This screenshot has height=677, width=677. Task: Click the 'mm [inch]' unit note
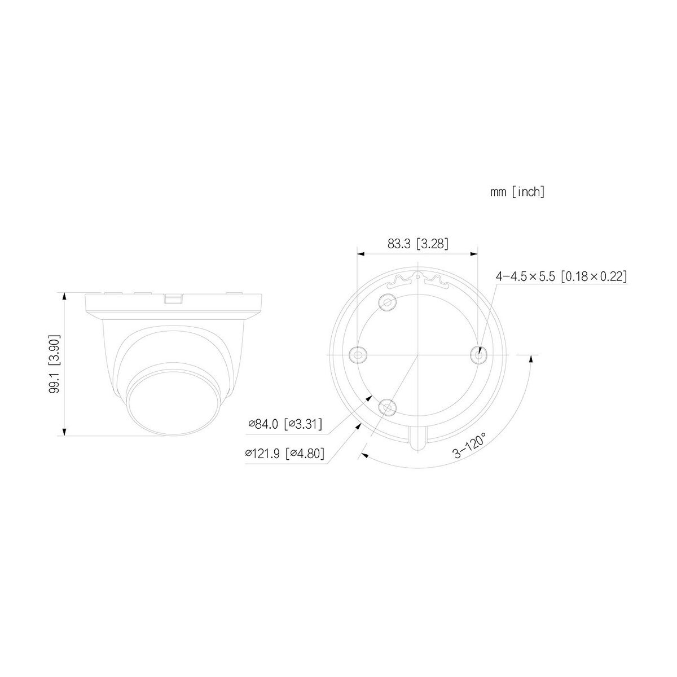point(517,192)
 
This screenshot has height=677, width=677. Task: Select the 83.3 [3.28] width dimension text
point(418,243)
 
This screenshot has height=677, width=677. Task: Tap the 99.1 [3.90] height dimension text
point(55,364)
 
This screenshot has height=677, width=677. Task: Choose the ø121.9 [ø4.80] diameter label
point(284,453)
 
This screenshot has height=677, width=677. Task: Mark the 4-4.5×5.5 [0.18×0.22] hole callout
point(561,276)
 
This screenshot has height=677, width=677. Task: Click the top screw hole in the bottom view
point(388,303)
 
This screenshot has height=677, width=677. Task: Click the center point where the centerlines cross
point(417,354)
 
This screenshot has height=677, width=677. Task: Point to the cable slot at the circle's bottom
point(417,437)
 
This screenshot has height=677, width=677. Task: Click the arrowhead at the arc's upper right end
point(531,359)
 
